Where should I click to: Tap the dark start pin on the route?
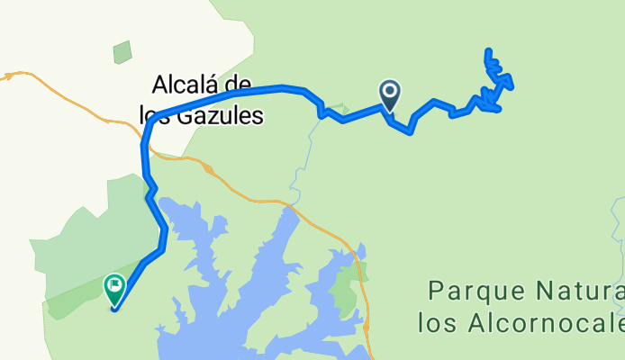click(390, 94)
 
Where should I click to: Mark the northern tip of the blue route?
click(488, 51)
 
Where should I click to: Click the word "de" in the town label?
click(247, 86)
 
